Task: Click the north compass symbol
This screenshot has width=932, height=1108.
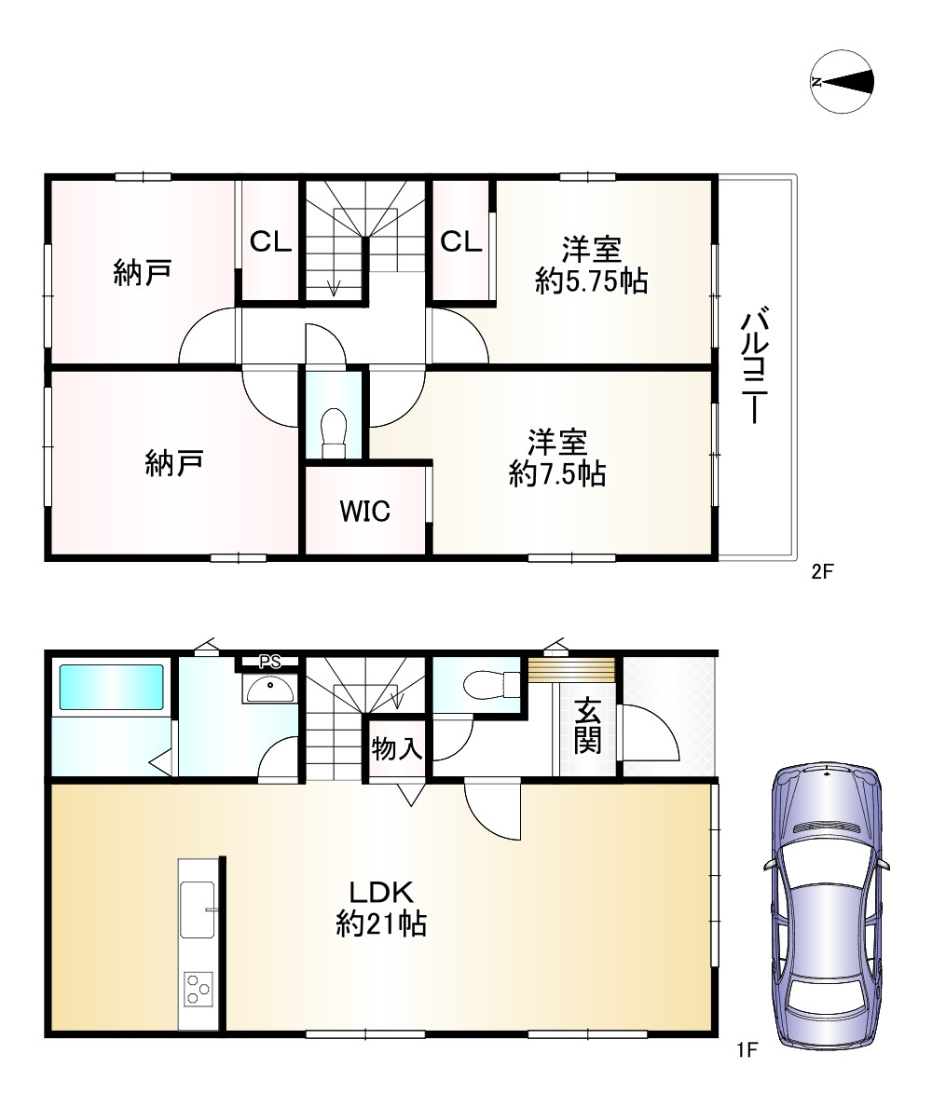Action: pyautogui.click(x=842, y=81)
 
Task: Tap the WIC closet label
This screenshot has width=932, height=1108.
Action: pyautogui.click(x=364, y=511)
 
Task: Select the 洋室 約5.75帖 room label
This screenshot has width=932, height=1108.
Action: pyautogui.click(x=592, y=267)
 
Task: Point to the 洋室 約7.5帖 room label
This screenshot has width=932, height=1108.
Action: pyautogui.click(x=557, y=458)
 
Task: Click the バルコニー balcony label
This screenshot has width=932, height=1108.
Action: pyautogui.click(x=755, y=365)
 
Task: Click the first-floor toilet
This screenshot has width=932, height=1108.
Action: pyautogui.click(x=492, y=683)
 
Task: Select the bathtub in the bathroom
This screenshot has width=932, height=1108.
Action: pyautogui.click(x=112, y=686)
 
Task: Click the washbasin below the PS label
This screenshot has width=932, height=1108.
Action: pyautogui.click(x=269, y=688)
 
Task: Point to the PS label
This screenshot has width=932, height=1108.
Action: pyautogui.click(x=269, y=663)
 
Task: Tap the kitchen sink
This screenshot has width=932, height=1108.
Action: pyautogui.click(x=198, y=909)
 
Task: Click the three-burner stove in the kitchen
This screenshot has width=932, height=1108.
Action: pyautogui.click(x=198, y=989)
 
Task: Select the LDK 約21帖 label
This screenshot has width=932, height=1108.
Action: pyautogui.click(x=381, y=908)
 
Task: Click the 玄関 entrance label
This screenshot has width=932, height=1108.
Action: pyautogui.click(x=587, y=726)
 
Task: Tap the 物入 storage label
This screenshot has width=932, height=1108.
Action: pyautogui.click(x=396, y=748)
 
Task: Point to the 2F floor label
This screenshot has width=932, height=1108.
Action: pyautogui.click(x=822, y=571)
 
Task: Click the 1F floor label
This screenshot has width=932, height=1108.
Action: pyautogui.click(x=747, y=1050)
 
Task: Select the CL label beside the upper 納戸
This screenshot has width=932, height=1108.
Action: pyautogui.click(x=270, y=242)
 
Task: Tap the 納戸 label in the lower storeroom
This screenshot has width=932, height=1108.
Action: pyautogui.click(x=174, y=463)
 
